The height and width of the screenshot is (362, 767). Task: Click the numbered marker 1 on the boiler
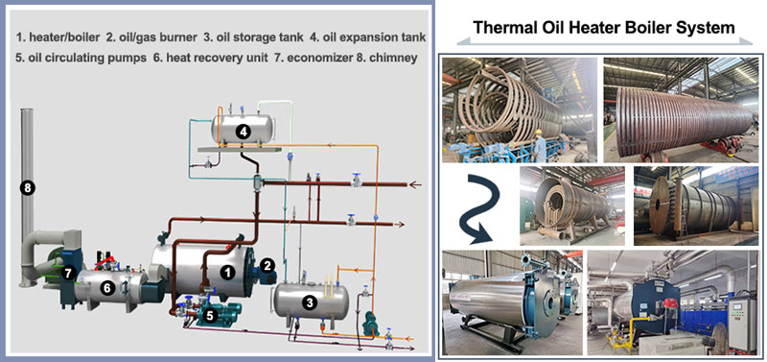click(x=227, y=272)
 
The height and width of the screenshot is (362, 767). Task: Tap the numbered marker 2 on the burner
click(x=269, y=264)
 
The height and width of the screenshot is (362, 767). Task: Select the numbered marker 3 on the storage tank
click(x=309, y=302)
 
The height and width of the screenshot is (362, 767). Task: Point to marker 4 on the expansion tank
click(x=244, y=131)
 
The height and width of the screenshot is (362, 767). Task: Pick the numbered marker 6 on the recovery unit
click(x=107, y=287)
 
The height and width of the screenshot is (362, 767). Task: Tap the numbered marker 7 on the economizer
click(x=68, y=272)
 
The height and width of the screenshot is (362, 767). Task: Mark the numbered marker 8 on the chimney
click(x=28, y=188)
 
